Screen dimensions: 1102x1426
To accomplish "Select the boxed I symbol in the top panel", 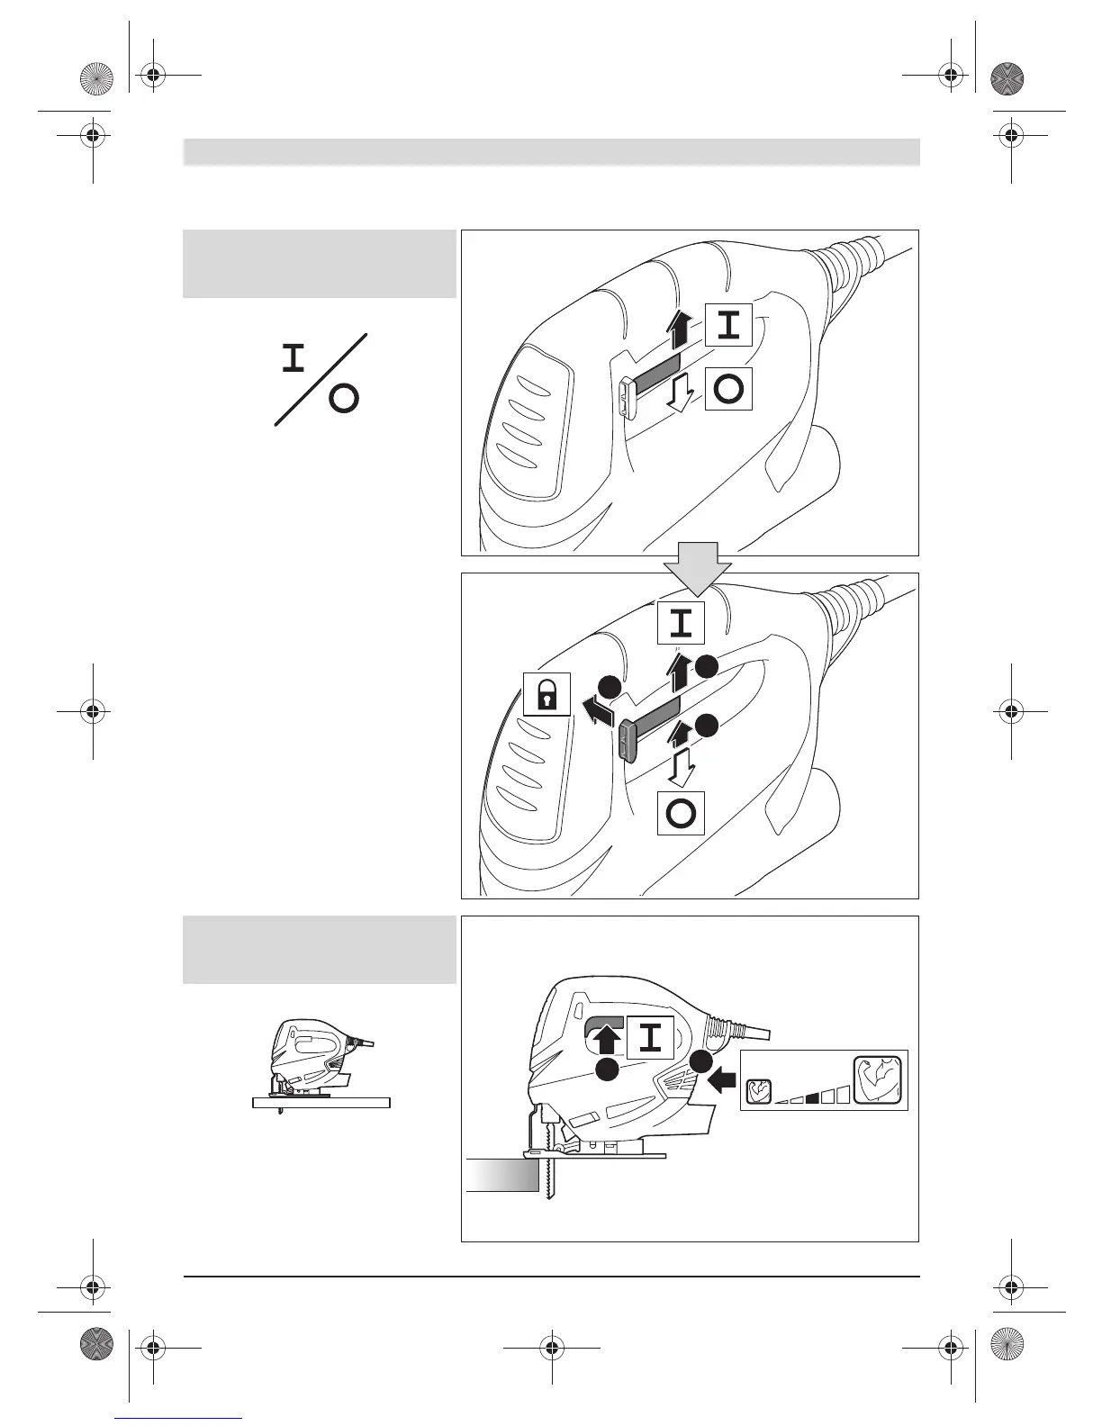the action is pyautogui.click(x=728, y=325).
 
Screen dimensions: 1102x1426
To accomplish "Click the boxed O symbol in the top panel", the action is pyautogui.click(x=728, y=389).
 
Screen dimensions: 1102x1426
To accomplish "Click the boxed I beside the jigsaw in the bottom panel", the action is pyautogui.click(x=650, y=1038).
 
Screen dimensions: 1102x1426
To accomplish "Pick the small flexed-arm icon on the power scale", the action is pyautogui.click(x=758, y=1092).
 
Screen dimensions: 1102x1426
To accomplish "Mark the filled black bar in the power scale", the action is pyautogui.click(x=811, y=1097).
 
